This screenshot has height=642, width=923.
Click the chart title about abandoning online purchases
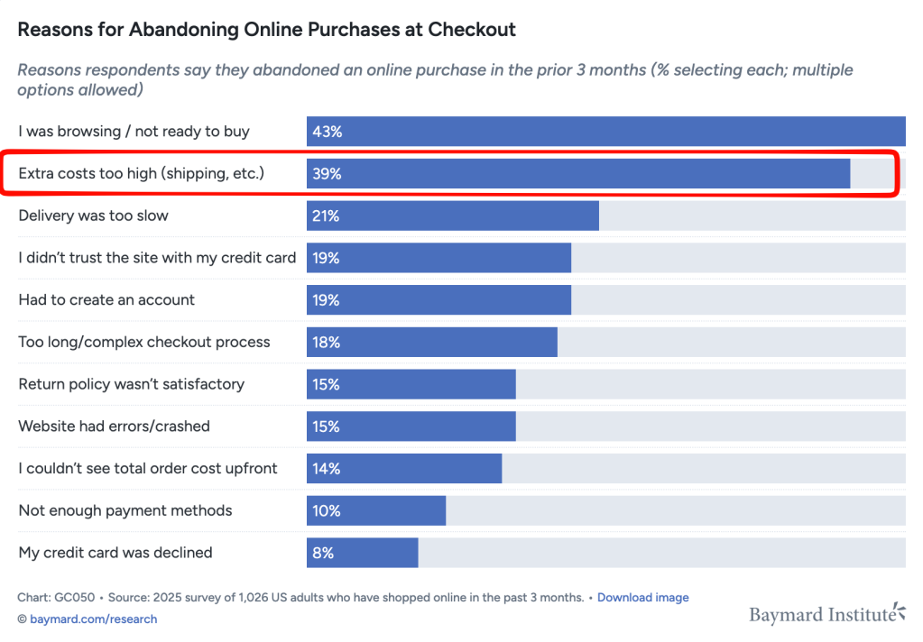[267, 30]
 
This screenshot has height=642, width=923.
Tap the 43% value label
[327, 132]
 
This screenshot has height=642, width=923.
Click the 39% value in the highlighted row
[327, 174]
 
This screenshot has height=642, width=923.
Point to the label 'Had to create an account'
[106, 300]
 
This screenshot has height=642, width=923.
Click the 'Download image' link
[642, 598]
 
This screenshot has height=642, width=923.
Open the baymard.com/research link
[93, 619]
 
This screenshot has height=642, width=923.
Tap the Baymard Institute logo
[826, 615]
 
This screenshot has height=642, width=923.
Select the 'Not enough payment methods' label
[125, 510]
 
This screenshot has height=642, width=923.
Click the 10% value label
[327, 510]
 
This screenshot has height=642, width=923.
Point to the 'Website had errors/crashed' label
[114, 426]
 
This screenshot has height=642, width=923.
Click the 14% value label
[327, 469]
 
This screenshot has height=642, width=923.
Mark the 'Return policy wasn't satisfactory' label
[132, 384]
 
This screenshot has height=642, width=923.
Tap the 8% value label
[323, 553]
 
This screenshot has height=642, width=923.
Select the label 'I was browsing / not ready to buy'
[134, 132]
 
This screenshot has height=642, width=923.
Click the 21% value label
[327, 216]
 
